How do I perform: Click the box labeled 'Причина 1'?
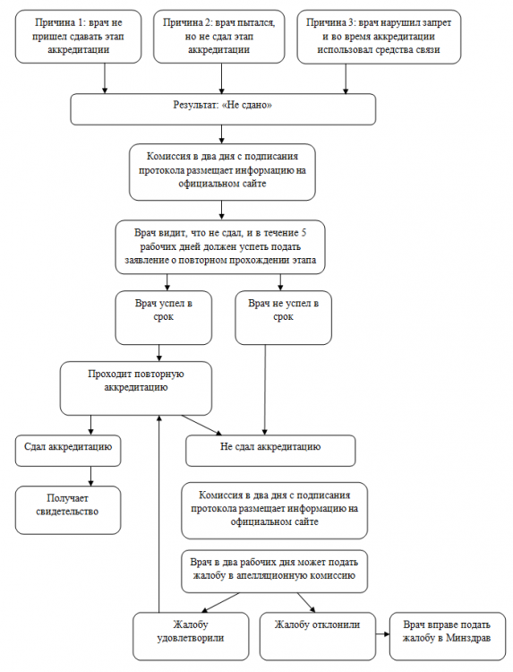click(79, 37)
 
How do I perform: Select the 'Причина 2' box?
click(219, 37)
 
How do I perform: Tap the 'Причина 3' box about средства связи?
click(379, 37)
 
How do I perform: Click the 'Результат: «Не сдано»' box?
click(223, 109)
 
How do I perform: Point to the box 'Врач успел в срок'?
click(164, 317)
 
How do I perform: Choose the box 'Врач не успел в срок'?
click(284, 317)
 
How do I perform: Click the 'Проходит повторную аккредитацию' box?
click(136, 388)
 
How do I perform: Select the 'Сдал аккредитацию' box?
click(68, 451)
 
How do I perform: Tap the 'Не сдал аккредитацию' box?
click(270, 451)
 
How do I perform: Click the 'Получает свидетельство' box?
click(68, 510)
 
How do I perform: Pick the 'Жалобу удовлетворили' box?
click(191, 636)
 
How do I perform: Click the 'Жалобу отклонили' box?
click(318, 636)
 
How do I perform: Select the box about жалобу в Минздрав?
click(448, 636)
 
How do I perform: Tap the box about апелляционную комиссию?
click(275, 572)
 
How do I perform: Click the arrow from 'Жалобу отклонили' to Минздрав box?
click(383, 633)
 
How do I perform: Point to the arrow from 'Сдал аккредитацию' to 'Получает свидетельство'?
click(90, 476)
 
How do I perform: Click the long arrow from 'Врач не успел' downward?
click(265, 390)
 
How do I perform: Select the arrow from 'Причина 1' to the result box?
click(105, 79)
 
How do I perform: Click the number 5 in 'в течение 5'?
click(304, 233)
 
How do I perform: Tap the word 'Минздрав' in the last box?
click(468, 638)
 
